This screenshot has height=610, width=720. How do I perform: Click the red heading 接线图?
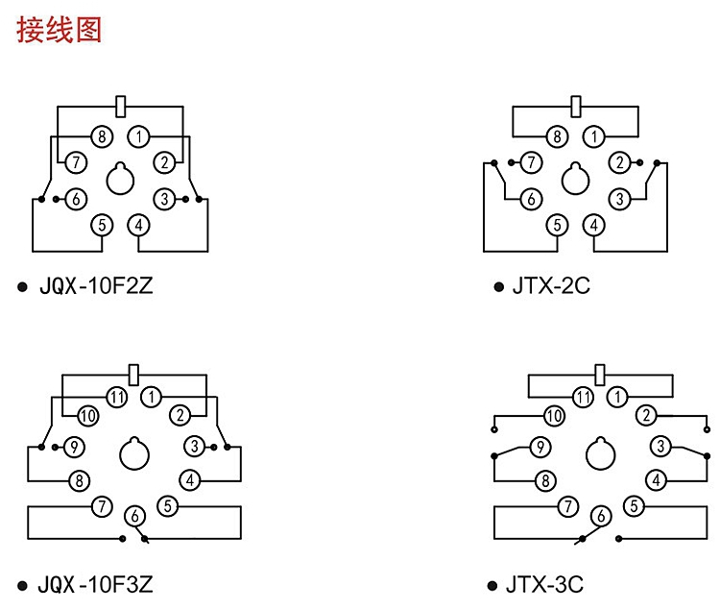(x=59, y=29)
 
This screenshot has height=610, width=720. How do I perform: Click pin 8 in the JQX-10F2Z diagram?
(x=102, y=135)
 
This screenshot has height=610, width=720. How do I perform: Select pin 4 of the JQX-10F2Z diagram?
(x=139, y=226)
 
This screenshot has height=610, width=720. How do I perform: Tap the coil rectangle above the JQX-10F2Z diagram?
(x=121, y=103)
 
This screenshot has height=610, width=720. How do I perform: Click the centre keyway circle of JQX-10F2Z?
(x=121, y=180)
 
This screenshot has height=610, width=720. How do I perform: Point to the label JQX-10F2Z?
(x=96, y=286)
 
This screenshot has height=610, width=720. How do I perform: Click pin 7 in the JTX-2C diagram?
(x=530, y=162)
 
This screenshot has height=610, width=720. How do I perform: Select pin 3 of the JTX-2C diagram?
(x=621, y=199)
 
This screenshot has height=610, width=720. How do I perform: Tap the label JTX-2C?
(x=552, y=286)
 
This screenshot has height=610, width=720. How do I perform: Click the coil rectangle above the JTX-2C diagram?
(x=577, y=104)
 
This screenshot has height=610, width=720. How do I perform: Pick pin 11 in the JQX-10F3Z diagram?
(x=117, y=396)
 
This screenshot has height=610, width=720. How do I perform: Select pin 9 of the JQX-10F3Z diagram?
(x=74, y=447)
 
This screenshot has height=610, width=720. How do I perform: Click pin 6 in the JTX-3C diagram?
(x=601, y=516)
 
